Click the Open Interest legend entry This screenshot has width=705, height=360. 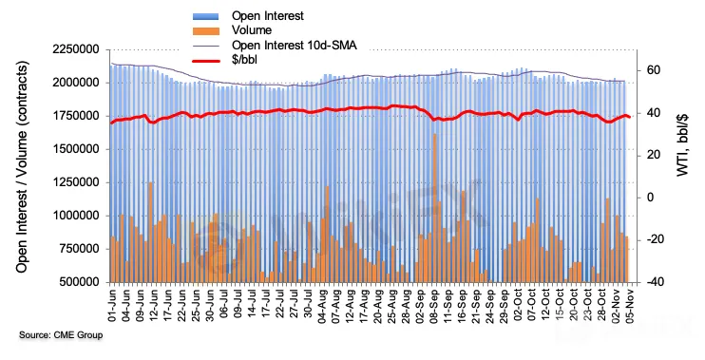pos(268,16)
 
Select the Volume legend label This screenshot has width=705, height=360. pos(252,30)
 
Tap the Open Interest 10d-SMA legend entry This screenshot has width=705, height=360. pos(294,45)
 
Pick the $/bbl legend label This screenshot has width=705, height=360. pos(244,59)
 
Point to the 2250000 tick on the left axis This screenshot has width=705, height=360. pos(76,49)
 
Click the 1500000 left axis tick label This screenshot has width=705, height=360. pos(76,149)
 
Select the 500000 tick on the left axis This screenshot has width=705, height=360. pos(79,282)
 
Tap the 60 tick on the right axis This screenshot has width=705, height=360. pos(654,70)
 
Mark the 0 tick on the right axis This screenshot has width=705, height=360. pos(651,198)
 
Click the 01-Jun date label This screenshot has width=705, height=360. pos(112,305)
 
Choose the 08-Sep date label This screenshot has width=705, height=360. pos(435,305)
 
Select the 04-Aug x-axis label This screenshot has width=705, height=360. pos(322,305)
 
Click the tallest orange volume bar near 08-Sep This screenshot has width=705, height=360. pos(435,208)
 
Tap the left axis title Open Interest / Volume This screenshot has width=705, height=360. pos(22,166)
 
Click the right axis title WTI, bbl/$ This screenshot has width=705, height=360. pos(683,144)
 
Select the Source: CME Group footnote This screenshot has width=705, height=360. pos(61,335)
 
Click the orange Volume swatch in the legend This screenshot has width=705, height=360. pos(206,31)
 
